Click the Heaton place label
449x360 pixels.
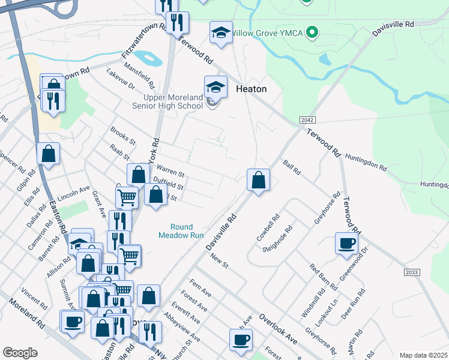(x=251, y=88)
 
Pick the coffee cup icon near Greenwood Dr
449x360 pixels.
(x=346, y=244)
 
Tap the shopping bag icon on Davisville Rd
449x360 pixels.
(x=258, y=179)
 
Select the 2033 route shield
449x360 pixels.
(x=411, y=272)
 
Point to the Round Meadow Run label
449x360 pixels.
(x=181, y=231)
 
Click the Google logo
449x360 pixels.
(x=20, y=353)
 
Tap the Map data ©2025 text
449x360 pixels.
(x=423, y=355)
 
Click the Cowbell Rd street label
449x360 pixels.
(x=268, y=228)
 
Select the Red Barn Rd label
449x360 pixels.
(x=324, y=275)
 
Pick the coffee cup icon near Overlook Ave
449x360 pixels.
(x=241, y=339)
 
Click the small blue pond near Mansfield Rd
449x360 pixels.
(x=149, y=59)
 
